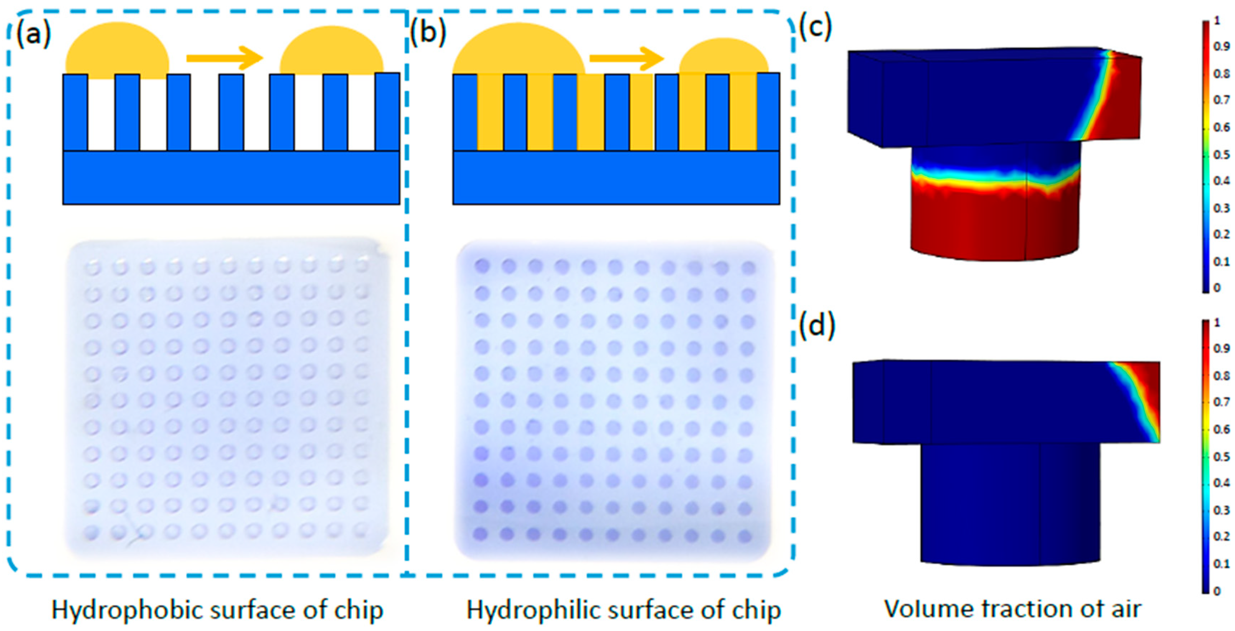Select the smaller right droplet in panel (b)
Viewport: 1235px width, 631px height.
[724, 57]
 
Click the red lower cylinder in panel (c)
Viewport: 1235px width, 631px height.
[992, 225]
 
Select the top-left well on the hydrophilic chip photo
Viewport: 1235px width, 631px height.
[482, 267]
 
